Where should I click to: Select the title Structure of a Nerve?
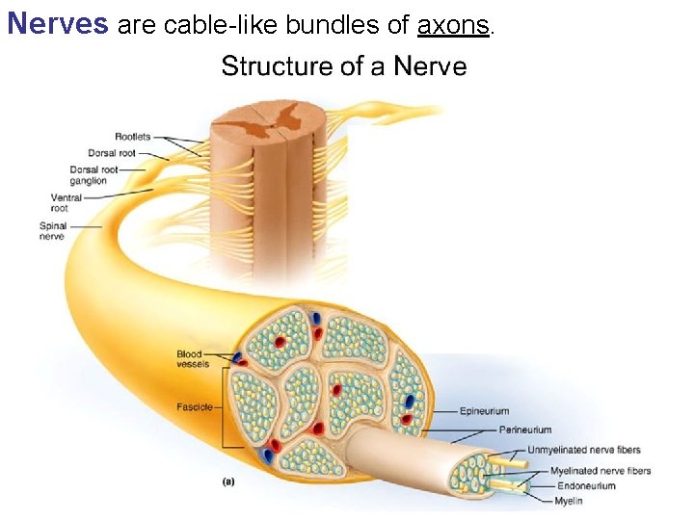click(x=343, y=66)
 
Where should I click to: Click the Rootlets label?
click(x=133, y=137)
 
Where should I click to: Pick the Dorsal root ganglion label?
click(x=93, y=175)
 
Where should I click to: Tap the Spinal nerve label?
click(x=53, y=231)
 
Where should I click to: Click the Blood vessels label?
click(x=192, y=358)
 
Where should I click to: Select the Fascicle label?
click(x=195, y=406)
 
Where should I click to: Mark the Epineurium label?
click(x=484, y=411)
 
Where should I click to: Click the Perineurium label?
click(x=525, y=429)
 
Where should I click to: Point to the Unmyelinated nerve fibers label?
click(x=583, y=450)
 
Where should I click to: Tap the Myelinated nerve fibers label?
click(x=600, y=471)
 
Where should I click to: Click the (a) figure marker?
click(x=228, y=481)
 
